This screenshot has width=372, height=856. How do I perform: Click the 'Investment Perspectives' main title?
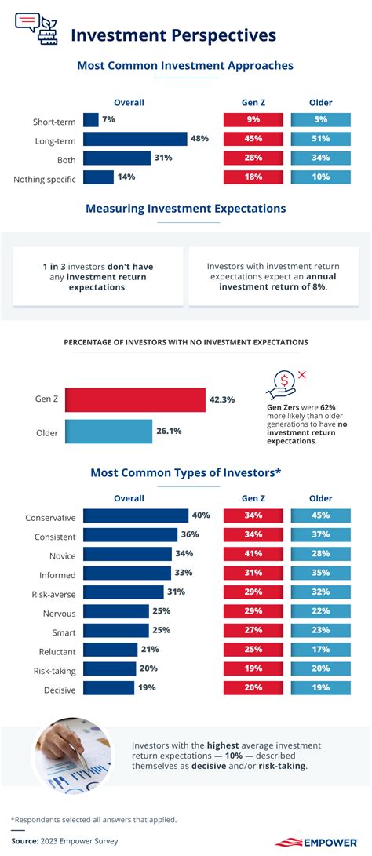(173, 35)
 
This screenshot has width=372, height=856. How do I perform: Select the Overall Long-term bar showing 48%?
(135, 139)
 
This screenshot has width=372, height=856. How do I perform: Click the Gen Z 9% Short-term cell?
(253, 120)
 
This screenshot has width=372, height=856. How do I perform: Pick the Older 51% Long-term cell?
(321, 139)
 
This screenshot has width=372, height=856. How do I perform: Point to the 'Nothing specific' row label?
(45, 180)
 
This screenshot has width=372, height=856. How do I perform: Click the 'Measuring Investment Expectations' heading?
(185, 209)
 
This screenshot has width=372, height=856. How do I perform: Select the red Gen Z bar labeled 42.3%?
(134, 399)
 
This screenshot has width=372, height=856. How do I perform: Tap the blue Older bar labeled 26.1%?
(108, 431)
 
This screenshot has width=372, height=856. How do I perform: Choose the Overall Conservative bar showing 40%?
(135, 515)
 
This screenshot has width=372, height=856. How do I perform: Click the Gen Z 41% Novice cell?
(253, 553)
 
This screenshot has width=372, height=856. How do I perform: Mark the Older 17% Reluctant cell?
(321, 650)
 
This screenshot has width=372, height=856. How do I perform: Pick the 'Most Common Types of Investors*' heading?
(185, 472)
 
